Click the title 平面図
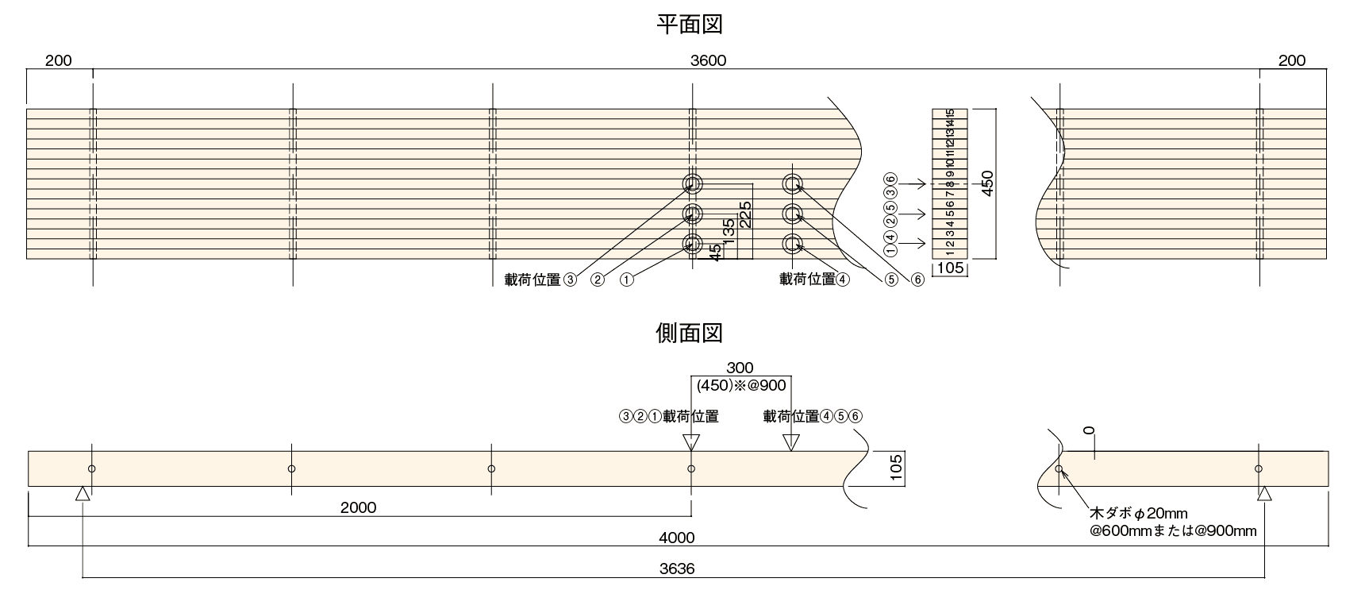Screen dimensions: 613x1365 coord(689,25)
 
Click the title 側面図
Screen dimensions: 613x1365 coord(689,332)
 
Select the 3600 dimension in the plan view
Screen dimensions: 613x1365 coord(708,60)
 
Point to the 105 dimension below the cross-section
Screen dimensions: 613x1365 coord(950,268)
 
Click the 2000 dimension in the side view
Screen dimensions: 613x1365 coord(358,507)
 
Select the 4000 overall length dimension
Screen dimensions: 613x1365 coord(676,538)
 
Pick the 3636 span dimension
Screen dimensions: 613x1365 coord(676,569)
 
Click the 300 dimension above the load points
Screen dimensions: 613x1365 coord(740,368)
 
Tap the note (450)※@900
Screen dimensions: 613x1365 coord(740,386)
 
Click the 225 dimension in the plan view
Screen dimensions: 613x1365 coord(745,214)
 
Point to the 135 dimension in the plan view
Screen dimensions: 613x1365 coord(729,233)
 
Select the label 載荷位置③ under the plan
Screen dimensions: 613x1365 coord(540,280)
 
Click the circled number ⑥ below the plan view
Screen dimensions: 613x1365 coord(918,280)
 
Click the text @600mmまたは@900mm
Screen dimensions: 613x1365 coord(1173,530)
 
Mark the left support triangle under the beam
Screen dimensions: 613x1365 coord(83,494)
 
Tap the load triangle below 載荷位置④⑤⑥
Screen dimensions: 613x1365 coord(790,442)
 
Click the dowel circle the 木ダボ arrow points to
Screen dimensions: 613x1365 coord(1059,468)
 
